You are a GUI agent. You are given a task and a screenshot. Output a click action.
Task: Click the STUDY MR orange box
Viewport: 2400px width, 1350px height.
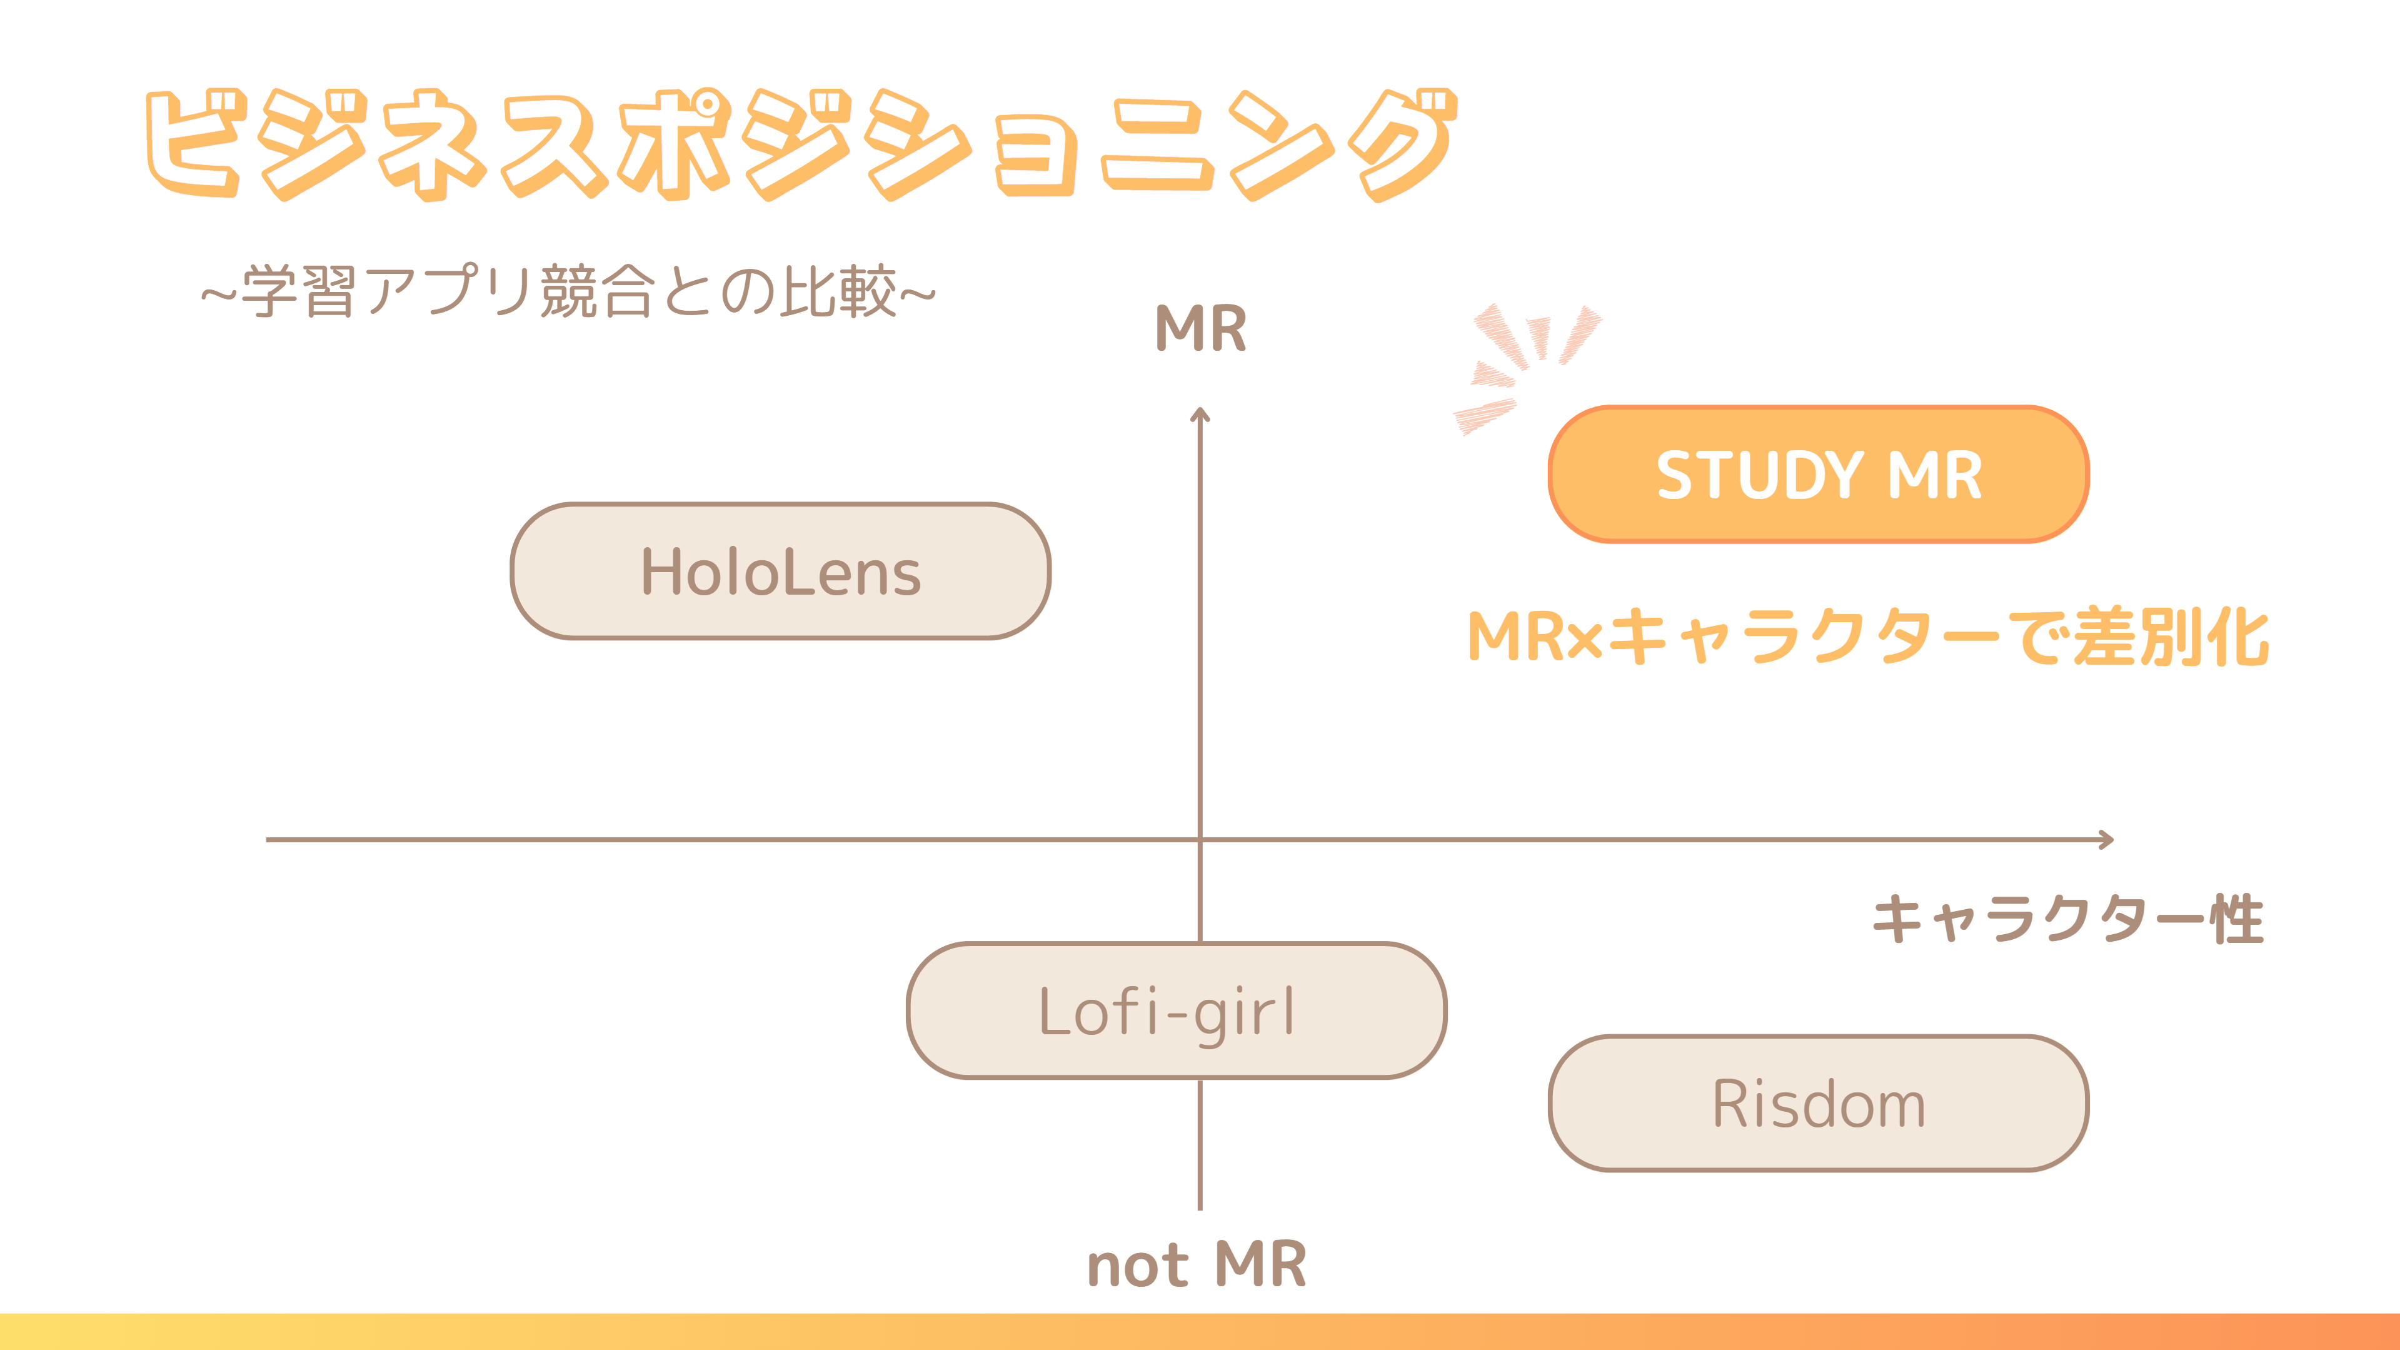1818,474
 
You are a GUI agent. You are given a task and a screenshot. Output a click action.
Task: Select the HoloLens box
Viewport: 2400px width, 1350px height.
781,571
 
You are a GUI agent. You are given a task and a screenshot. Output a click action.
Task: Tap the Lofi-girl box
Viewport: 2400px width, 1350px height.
1176,1011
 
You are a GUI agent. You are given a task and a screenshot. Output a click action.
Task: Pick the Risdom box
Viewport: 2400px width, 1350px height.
1818,1103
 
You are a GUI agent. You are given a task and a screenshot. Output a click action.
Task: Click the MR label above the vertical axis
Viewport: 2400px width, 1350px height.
1200,329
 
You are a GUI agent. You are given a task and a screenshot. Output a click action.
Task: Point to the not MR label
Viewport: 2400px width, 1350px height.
1197,1265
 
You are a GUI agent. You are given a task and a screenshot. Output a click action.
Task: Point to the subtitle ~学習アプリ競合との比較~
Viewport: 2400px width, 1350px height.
568,291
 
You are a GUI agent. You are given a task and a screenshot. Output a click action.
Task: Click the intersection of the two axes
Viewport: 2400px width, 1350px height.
1200,839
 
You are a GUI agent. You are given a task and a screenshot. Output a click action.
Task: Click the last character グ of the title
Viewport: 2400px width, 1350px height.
1402,144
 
